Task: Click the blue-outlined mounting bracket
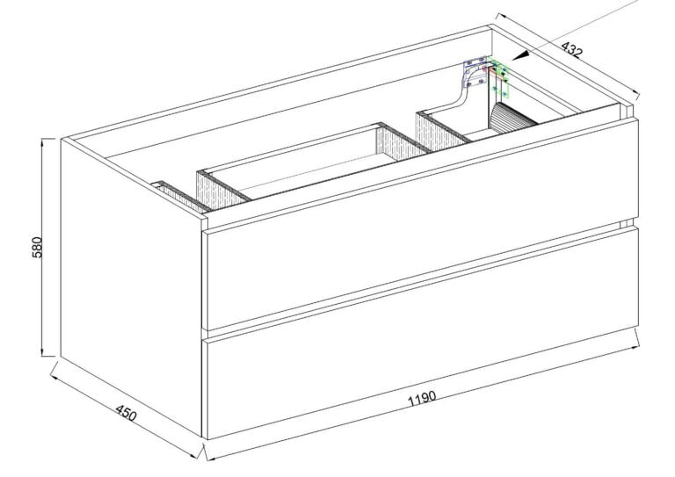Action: (475, 70)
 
